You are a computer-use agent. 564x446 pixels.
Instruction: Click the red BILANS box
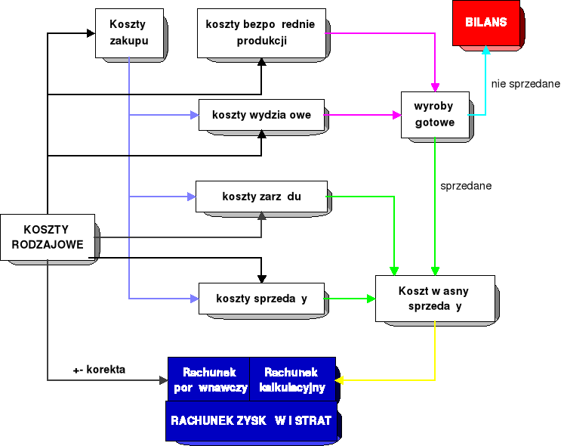coord(485,23)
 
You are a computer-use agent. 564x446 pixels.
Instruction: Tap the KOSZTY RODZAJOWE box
coord(47,237)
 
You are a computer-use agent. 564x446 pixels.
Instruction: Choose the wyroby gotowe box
coord(434,114)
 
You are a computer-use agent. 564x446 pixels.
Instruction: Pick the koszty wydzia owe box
coord(261,115)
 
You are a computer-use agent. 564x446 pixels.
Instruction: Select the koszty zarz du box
coord(260,197)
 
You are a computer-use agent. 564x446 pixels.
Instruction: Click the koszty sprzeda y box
coord(261,298)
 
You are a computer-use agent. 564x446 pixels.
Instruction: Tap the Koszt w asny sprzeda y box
coord(435,299)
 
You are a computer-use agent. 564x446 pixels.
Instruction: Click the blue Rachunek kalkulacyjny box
coord(291,379)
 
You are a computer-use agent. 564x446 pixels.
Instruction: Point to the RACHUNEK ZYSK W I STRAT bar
coord(251,420)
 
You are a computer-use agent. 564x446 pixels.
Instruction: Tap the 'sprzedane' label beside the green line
coord(466,184)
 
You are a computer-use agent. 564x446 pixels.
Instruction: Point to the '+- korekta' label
coord(99,370)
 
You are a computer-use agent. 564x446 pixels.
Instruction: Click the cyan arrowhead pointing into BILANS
coord(485,50)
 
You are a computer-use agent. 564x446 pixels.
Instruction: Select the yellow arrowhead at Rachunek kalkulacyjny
coord(340,379)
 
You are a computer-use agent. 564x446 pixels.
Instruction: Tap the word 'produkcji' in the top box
coord(260,41)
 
